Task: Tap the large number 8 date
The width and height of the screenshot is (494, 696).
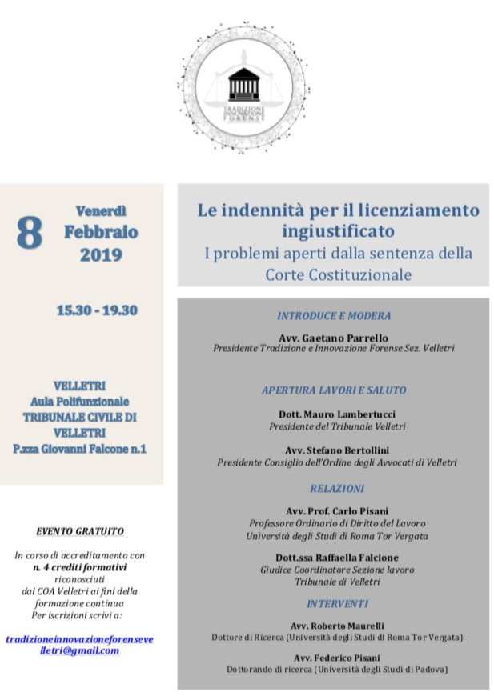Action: click(30, 233)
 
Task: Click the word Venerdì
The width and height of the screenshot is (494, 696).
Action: click(101, 212)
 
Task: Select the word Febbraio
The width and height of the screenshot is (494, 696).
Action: click(101, 233)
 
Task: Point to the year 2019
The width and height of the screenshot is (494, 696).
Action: click(101, 255)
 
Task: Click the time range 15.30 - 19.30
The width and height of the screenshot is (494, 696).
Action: click(97, 310)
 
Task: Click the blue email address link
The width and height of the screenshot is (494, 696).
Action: click(79, 645)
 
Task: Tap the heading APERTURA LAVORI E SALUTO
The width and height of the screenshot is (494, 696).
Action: click(334, 390)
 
